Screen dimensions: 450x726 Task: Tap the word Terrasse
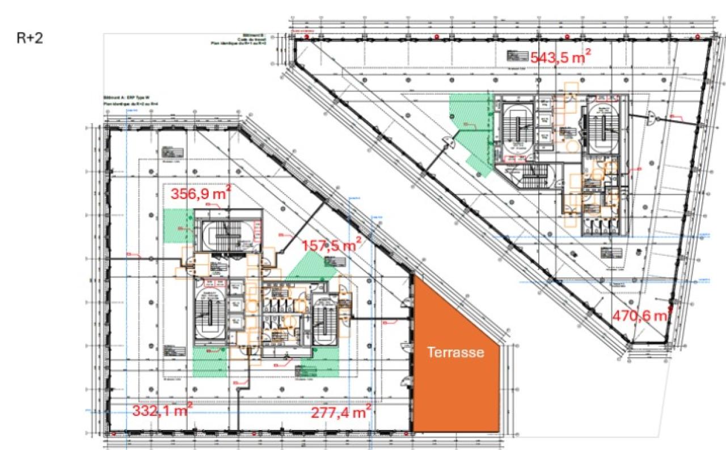pos(455,352)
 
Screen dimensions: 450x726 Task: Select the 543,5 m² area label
pos(561,57)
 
